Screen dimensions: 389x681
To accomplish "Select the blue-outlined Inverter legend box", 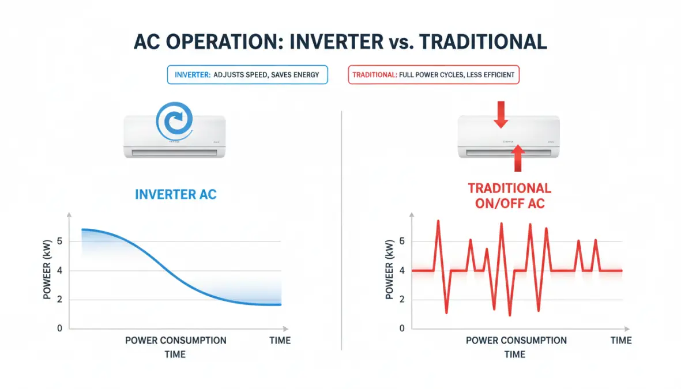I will click(247, 75).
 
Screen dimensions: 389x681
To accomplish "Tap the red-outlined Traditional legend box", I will click(434, 75).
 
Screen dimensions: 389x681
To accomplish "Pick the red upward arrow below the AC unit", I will click(518, 158).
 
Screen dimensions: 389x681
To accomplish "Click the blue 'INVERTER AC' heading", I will click(176, 194).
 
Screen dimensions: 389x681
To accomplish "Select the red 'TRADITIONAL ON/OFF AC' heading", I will click(509, 195).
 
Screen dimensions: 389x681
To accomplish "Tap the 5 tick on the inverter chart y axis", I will click(59, 241).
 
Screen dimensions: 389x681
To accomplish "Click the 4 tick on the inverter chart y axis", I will click(59, 270).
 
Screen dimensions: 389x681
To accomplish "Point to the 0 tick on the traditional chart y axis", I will click(401, 328).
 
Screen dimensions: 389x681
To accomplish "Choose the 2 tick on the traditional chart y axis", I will click(401, 300).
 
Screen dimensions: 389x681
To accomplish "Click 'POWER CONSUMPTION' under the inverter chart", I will click(176, 341).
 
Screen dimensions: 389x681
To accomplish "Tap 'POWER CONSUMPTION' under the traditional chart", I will click(516, 341).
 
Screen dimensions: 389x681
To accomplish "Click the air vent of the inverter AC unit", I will click(175, 153).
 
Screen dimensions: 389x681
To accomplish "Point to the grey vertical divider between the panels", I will click(342, 231).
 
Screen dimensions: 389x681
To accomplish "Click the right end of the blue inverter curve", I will click(280, 304).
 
